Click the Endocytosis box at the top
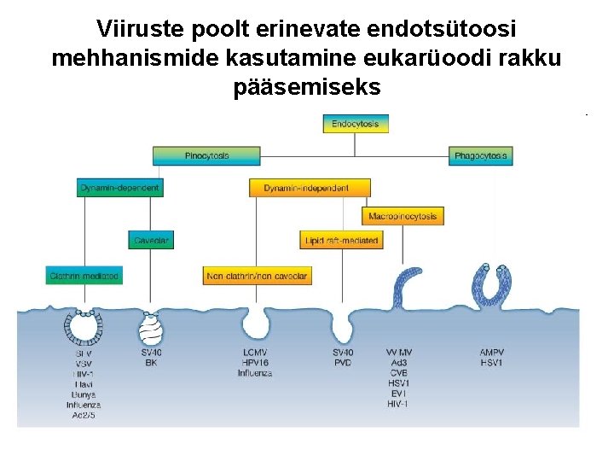356,124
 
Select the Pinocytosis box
206,156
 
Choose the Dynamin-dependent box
119,188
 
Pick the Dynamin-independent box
310,188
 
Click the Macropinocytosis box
403,216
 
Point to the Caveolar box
152,241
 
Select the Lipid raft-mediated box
341,241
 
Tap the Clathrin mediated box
84,276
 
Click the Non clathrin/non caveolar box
258,276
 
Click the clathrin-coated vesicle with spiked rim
84,326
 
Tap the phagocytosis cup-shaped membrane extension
492,286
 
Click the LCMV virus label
255,353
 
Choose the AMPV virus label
492,353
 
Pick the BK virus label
152,363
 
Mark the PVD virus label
343,363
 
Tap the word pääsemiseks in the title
307,87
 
